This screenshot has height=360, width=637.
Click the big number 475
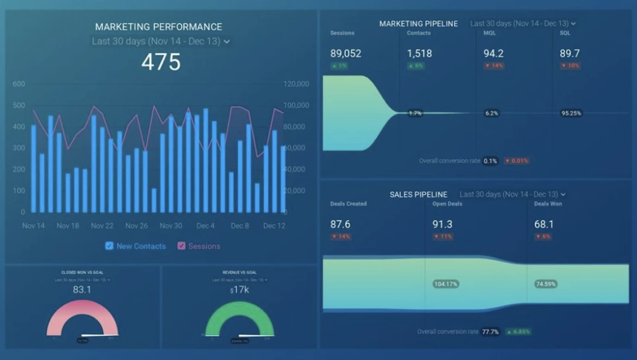point(161,62)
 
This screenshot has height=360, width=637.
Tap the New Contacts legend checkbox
point(109,246)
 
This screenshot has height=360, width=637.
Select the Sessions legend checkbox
point(181,246)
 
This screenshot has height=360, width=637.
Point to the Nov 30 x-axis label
point(171,226)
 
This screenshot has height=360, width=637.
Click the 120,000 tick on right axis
point(296,84)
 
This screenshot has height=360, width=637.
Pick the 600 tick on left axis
point(19,84)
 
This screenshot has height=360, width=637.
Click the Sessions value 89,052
point(345,54)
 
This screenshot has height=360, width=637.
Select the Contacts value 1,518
point(419,54)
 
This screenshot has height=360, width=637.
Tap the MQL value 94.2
point(493,54)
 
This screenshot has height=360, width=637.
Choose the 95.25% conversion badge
point(571,113)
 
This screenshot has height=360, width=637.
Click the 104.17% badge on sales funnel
point(445,284)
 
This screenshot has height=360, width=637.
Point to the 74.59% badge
point(546,284)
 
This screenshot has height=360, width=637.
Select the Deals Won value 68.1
point(544,224)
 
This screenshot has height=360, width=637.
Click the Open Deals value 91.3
point(442,224)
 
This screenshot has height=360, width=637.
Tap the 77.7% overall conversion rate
point(490,332)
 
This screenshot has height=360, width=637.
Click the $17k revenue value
point(239,290)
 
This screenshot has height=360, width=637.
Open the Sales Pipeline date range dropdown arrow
point(563,194)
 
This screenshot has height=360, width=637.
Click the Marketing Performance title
point(158,27)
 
